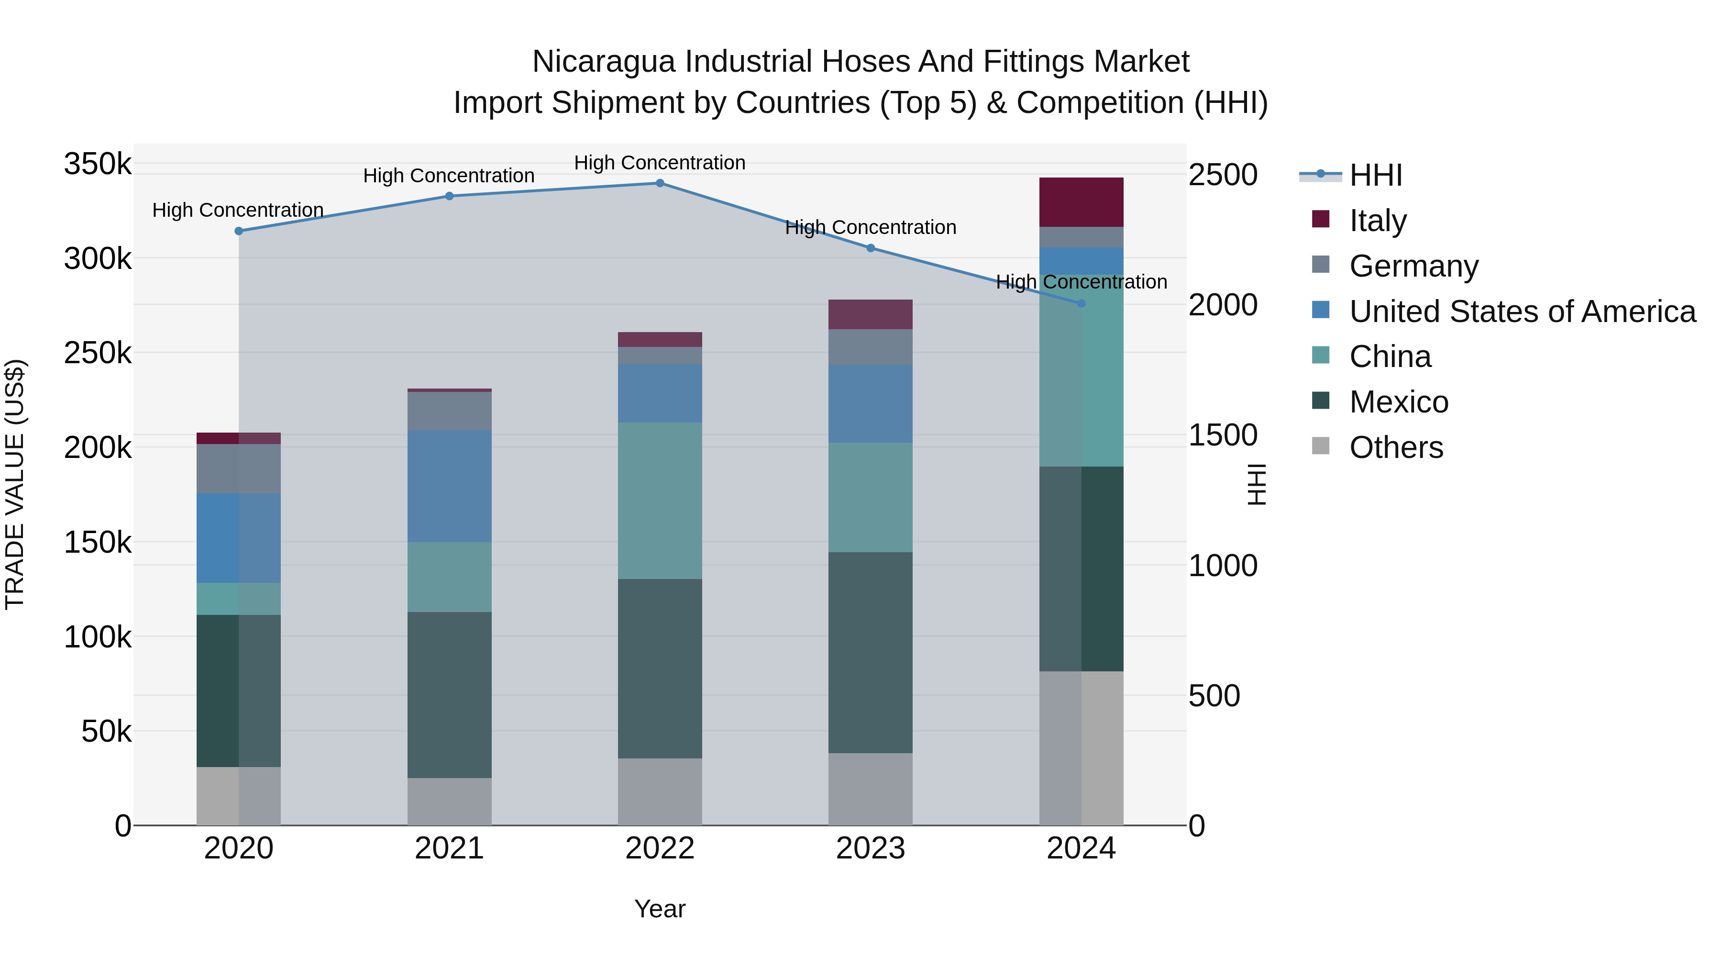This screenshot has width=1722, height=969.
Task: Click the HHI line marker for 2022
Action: point(660,183)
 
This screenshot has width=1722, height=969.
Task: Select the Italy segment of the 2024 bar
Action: point(1081,202)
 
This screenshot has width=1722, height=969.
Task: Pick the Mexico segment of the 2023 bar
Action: point(871,652)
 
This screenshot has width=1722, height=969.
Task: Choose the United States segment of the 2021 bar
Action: point(449,486)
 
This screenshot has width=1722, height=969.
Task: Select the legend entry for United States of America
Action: point(1522,312)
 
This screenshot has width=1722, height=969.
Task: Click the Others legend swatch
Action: point(1321,446)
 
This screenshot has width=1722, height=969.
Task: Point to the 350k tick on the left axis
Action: point(98,164)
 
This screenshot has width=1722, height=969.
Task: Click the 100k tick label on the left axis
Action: point(98,637)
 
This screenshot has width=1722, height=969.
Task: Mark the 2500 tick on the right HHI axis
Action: point(1223,175)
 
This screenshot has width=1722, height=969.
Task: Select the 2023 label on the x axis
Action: point(871,848)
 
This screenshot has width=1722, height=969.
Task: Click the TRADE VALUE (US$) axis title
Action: point(15,484)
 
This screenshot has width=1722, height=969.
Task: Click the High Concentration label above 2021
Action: point(449,176)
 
